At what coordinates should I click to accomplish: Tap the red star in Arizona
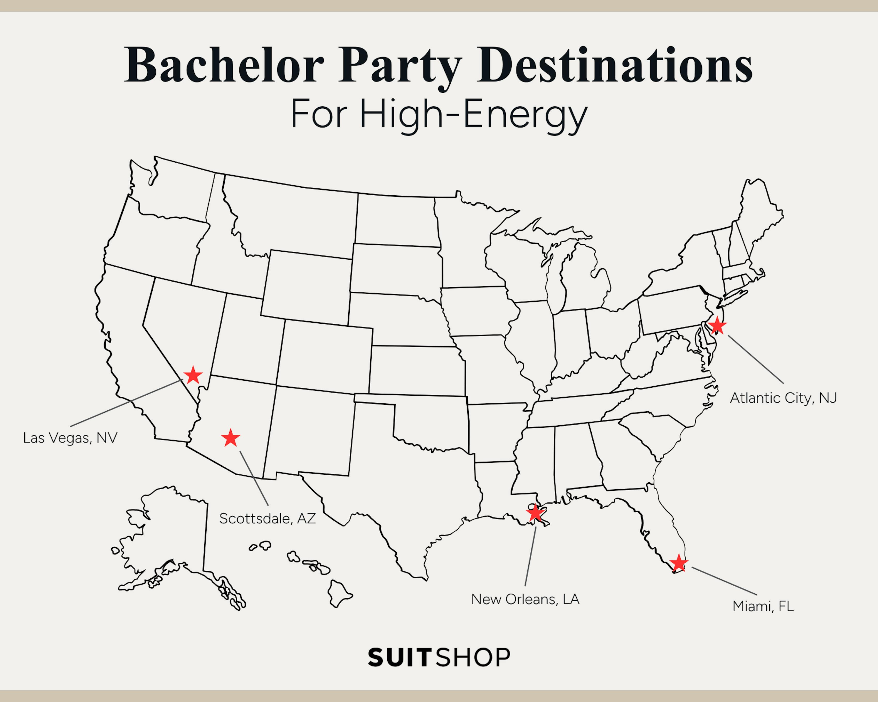pos(231,438)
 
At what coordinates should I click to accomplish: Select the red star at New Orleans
pos(535,513)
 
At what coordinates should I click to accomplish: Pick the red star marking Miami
pos(678,564)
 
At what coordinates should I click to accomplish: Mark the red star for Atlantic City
pos(717,326)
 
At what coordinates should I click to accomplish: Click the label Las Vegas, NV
pos(70,438)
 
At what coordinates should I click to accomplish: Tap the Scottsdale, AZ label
pos(268,518)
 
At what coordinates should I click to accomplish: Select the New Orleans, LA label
pos(525,599)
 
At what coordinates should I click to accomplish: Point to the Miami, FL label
pos(763,606)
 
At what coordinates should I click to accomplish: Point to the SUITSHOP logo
pos(438,657)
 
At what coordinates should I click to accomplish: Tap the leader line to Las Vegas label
pos(126,403)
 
